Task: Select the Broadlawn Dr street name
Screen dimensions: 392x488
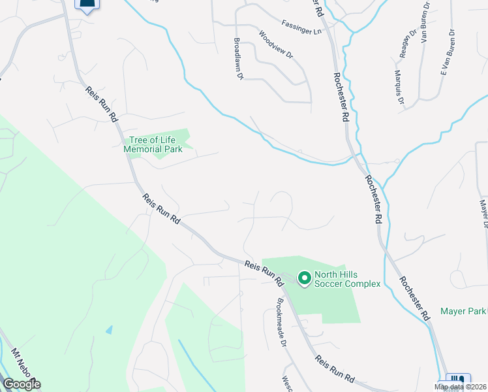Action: click(x=238, y=58)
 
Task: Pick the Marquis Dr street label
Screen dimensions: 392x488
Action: click(x=399, y=88)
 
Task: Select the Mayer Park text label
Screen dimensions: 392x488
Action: click(x=463, y=311)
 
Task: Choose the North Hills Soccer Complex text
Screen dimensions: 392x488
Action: click(x=347, y=279)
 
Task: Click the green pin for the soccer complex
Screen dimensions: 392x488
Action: click(x=304, y=279)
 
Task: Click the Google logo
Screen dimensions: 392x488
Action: click(x=22, y=384)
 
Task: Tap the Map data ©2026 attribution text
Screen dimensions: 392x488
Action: click(x=460, y=387)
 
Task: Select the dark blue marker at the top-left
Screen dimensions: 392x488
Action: click(x=86, y=5)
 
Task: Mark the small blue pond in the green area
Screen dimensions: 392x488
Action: click(x=109, y=329)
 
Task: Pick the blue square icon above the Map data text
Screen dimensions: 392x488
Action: click(x=455, y=378)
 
